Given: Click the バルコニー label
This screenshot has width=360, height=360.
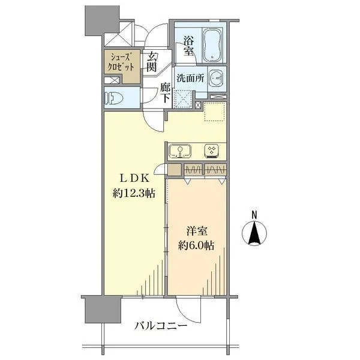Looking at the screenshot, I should [160, 326].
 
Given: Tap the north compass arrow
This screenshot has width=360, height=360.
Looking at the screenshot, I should [254, 233].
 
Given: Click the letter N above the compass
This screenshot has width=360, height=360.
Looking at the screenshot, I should [254, 215].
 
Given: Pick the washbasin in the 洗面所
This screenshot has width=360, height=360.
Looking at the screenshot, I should [217, 79].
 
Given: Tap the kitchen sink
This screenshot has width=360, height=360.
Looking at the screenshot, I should [179, 151].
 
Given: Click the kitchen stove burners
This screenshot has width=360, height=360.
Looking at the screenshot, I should [211, 151].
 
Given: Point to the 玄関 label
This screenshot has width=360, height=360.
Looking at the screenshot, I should [152, 61].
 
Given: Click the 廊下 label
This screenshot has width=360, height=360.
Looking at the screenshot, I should [166, 93].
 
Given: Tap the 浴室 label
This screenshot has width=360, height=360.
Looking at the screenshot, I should [188, 46].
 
